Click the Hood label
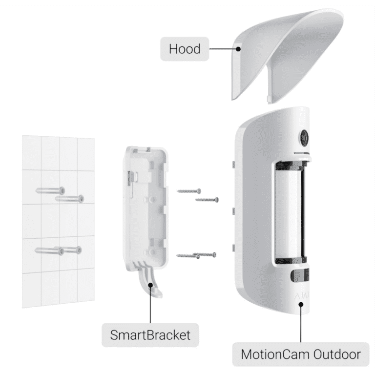185,49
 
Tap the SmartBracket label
150,335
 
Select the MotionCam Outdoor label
301,354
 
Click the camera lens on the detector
304,138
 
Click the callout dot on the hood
238,49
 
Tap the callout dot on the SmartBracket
150,285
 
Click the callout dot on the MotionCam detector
301,305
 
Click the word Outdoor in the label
337,354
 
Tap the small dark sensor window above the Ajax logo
300,275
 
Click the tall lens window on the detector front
291,213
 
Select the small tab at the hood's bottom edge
269,100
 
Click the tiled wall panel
59,221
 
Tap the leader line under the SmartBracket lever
150,305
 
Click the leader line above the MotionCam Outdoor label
301,325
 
